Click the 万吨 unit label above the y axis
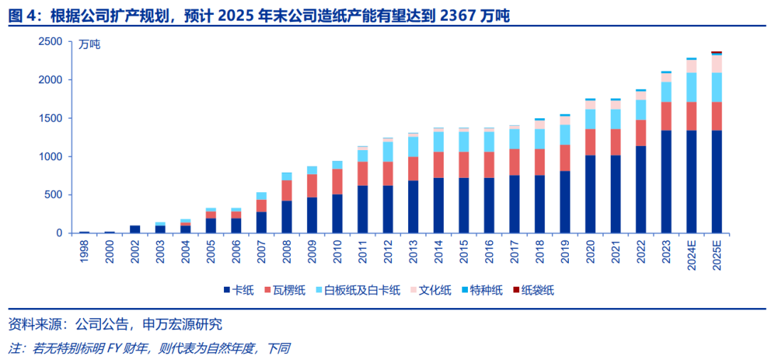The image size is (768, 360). point(90,44)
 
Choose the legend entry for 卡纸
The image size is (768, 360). point(238,290)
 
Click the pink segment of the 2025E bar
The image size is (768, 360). point(716,64)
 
